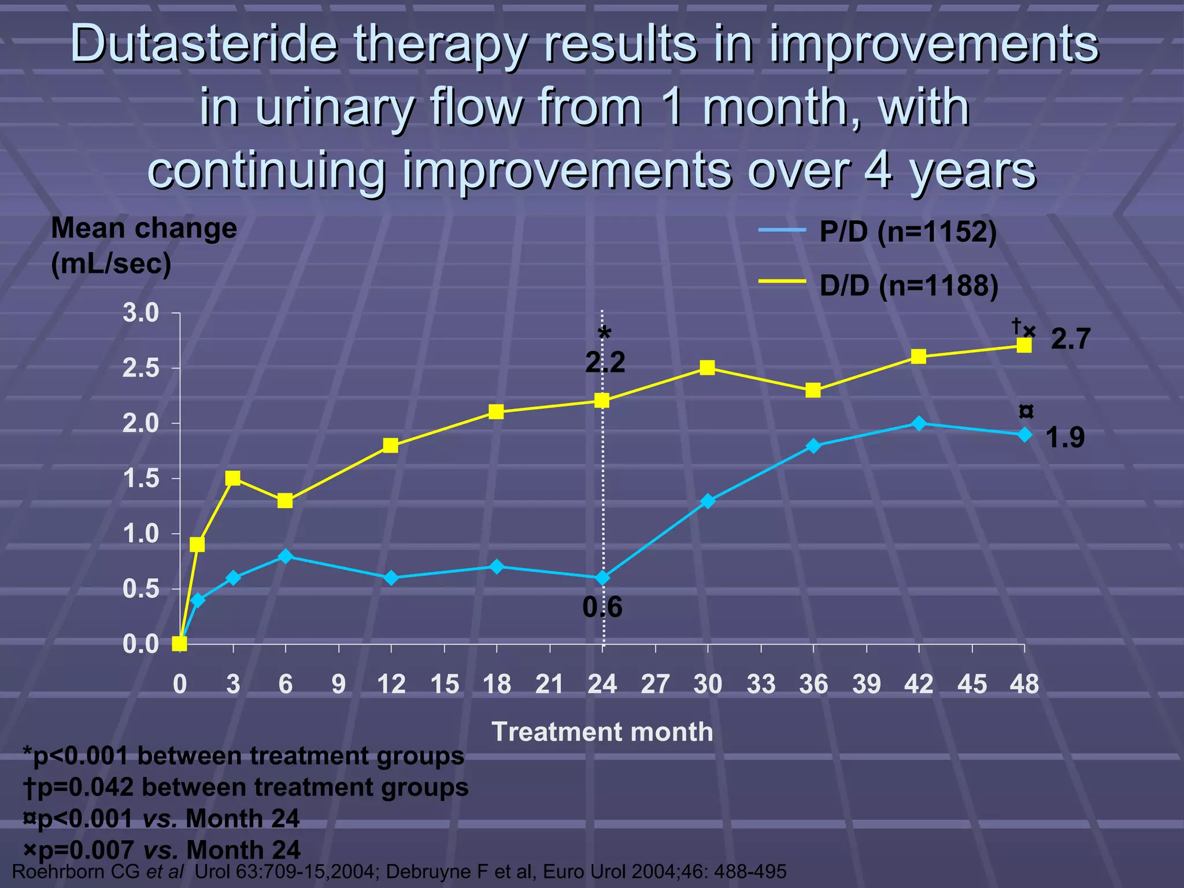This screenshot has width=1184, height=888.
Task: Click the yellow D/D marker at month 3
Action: [x=233, y=478]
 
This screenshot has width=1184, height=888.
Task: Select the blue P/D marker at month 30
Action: [x=708, y=501]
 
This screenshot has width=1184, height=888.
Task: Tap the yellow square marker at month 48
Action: [x=1024, y=346]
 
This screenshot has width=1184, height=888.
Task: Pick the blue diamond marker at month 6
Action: [x=285, y=556]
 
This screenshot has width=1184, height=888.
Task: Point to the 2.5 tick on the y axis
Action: [x=140, y=368]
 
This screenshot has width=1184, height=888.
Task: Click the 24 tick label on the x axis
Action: [x=602, y=684]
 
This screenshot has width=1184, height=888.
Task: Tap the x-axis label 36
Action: [x=813, y=684]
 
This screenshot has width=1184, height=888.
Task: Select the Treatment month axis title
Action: [x=602, y=732]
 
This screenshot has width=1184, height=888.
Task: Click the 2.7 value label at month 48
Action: [x=1070, y=339]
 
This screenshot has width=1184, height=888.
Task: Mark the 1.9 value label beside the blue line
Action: [x=1065, y=438]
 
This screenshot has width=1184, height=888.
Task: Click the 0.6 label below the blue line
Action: [x=602, y=608]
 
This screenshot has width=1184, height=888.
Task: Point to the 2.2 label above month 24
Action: [x=605, y=363]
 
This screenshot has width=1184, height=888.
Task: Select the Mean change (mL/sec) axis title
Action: [x=144, y=246]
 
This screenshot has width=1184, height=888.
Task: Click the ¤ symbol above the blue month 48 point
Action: [x=1026, y=412]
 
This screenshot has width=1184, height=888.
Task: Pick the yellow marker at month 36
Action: [x=813, y=390]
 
